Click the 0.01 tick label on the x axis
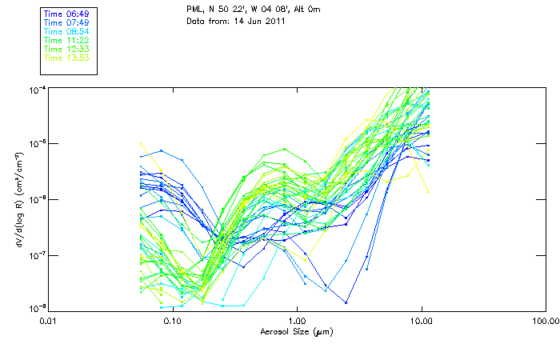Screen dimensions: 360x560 tap(48, 320)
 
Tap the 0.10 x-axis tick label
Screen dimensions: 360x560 tap(172, 320)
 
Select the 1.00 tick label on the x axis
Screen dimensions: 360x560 tap(297, 320)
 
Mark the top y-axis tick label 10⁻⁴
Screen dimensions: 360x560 tap(35, 88)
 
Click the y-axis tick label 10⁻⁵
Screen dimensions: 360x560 tap(35, 143)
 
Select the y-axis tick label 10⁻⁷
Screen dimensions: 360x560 tap(35, 254)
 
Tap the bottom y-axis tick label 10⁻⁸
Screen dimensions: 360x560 tap(35, 309)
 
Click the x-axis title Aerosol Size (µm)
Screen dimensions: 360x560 tap(296, 331)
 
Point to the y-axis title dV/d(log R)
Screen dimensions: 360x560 tap(19, 198)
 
